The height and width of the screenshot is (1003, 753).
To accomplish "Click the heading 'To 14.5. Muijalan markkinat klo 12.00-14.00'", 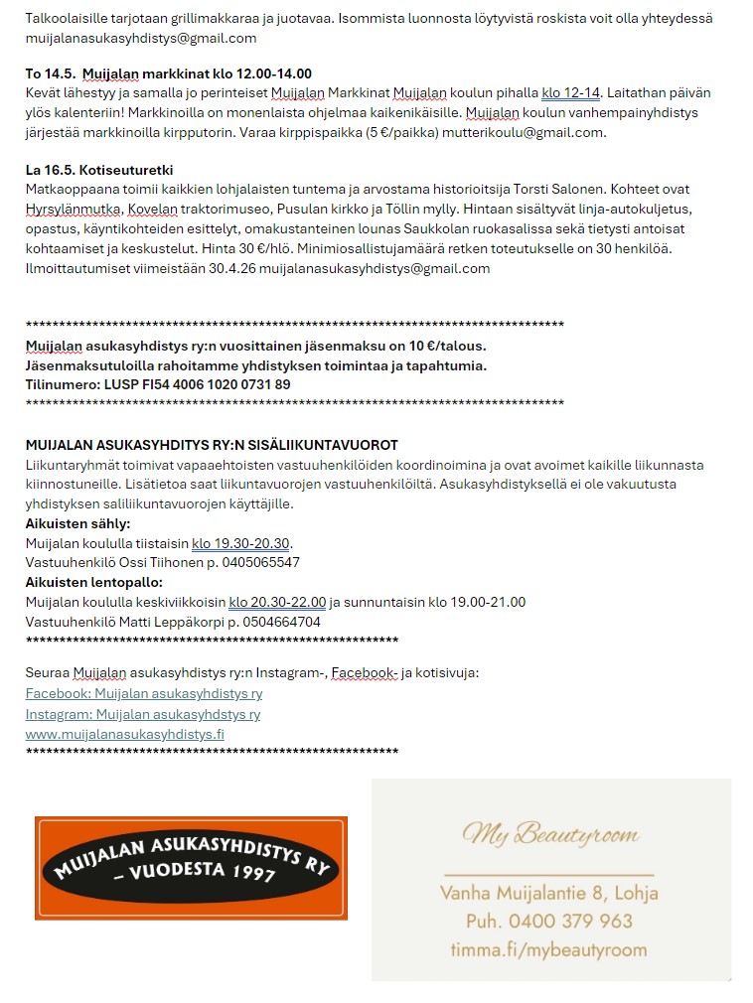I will (x=168, y=73).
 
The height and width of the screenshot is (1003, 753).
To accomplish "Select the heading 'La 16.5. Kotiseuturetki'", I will (x=99, y=170).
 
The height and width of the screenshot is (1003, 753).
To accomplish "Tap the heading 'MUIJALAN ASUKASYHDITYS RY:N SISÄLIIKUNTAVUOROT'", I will (x=212, y=445).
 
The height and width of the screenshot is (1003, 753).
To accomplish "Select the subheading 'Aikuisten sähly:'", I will (x=77, y=523).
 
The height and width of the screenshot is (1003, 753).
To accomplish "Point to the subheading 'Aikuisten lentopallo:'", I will (x=93, y=582).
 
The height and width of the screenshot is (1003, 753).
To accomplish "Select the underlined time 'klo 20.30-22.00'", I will (x=277, y=602).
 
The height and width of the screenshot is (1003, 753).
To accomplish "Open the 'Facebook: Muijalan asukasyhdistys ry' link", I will (x=143, y=694).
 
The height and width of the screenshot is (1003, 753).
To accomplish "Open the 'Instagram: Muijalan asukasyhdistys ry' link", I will (x=142, y=714).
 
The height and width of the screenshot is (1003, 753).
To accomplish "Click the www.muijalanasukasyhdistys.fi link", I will (x=124, y=734).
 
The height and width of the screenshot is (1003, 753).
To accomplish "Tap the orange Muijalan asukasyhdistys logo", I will (x=191, y=868).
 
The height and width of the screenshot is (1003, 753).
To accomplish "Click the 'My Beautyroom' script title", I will (x=550, y=834).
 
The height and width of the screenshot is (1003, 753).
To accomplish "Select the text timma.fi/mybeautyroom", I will (x=548, y=949).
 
